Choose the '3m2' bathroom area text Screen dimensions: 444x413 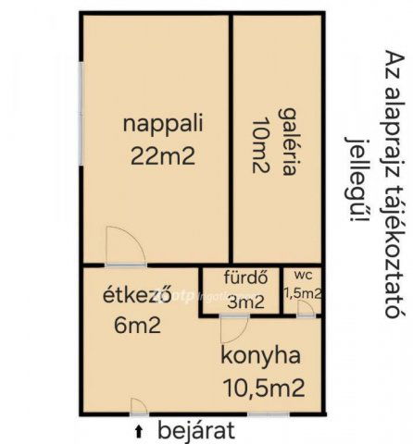pyautogui.click(x=245, y=301)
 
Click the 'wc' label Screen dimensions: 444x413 pyautogui.click(x=303, y=275)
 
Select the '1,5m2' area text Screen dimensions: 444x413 pyautogui.click(x=303, y=293)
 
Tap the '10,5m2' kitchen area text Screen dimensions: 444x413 pyautogui.click(x=263, y=388)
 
